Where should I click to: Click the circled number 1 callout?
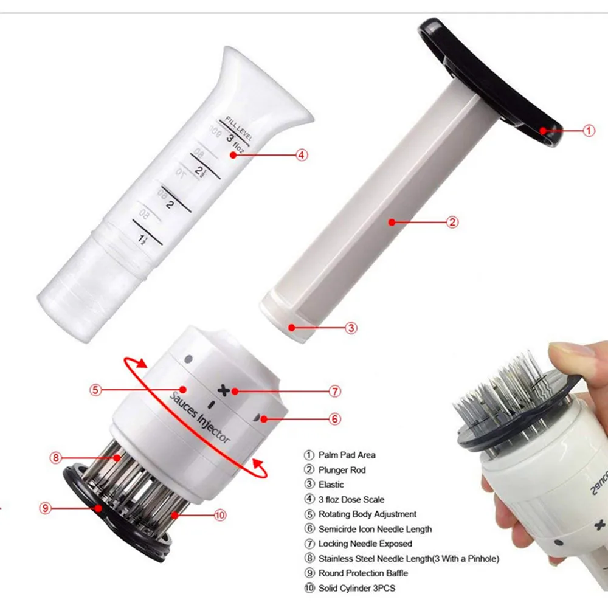[x=589, y=130]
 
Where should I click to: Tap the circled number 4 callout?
[x=302, y=154]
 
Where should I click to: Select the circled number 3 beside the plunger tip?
[x=351, y=328]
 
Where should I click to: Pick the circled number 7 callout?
[x=335, y=392]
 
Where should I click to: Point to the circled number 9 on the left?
[x=46, y=508]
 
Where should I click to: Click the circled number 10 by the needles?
[x=220, y=515]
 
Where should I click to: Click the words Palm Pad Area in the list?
[x=347, y=455]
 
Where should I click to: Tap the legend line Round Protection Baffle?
[x=363, y=573]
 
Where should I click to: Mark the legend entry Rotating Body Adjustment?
[x=367, y=514]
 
